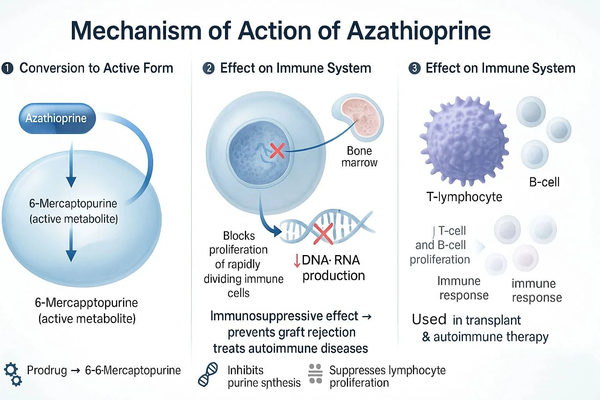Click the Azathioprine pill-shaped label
coord(57,118)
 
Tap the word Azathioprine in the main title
coord(419,30)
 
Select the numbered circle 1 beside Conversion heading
coord(7,68)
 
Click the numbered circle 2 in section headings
coord(209,68)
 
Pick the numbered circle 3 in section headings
coord(414,68)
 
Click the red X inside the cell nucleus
coord(277,150)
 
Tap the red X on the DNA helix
coord(323,233)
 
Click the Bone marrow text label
coord(359,157)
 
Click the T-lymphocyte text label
coord(464,197)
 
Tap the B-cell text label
coord(544,182)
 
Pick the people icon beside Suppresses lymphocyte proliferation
coord(315,374)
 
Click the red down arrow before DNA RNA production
coord(297,261)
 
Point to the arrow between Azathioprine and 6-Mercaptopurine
coord(71,164)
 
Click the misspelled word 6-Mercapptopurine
coord(86,303)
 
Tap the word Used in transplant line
coord(429,320)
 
